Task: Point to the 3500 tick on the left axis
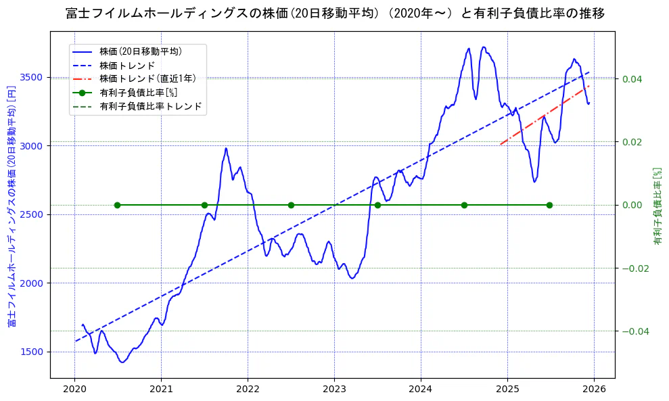pos(34,77)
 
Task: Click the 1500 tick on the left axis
pos(34,352)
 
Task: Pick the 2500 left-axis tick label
pos(34,214)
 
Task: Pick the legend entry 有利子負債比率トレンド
pos(150,106)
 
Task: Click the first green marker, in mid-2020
pos(117,205)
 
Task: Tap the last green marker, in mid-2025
pos(549,205)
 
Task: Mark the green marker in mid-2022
pos(291,205)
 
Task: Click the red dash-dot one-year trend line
pos(545,115)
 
